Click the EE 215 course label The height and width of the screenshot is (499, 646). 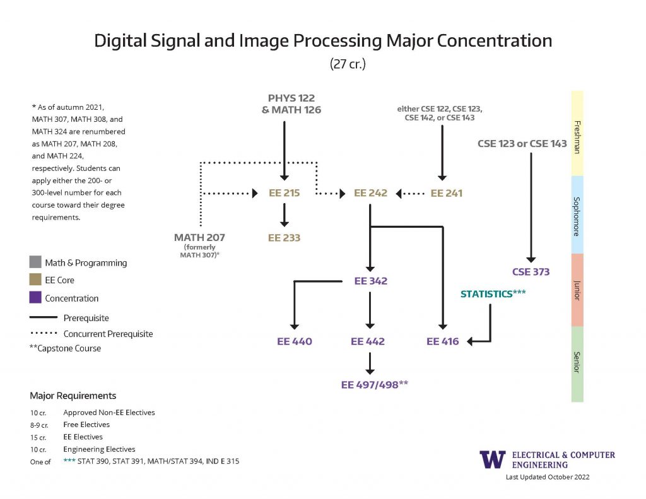coord(284,193)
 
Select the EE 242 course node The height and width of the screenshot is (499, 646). coord(370,193)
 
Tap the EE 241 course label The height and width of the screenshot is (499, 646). coord(446,193)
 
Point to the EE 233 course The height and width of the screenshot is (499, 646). coord(284,238)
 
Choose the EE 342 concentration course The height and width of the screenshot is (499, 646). coord(370,281)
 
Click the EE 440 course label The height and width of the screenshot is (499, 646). coord(295,341)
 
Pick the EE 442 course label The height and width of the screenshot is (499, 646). coord(368,341)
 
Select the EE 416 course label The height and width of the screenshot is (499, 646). coord(442,341)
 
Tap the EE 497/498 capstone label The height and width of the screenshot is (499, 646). coord(375,384)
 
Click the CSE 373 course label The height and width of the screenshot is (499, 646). coord(531,272)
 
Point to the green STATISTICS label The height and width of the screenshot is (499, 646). coord(493,293)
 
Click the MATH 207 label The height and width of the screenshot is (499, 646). coord(199,238)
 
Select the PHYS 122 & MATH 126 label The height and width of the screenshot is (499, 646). coord(291,104)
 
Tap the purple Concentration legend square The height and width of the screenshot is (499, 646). coord(35,298)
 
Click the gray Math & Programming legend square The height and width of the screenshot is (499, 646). coord(35,262)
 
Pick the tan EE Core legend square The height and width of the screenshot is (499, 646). coord(35,280)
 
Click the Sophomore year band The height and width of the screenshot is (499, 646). coord(577,214)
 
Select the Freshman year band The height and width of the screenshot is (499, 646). coord(577,133)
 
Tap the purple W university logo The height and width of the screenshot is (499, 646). coord(492,459)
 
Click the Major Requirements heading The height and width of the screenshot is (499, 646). coord(73,396)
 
